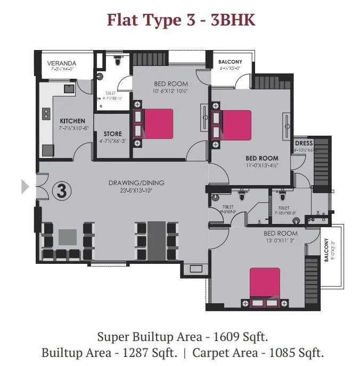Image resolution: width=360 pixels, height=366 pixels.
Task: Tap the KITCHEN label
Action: click(72, 121)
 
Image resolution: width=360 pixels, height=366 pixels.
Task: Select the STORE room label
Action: click(112, 134)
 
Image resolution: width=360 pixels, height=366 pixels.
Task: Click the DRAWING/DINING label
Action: click(136, 183)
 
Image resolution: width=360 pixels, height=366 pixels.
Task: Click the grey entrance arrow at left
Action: click(24, 186)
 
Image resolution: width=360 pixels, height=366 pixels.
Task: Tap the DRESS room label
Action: click(304, 144)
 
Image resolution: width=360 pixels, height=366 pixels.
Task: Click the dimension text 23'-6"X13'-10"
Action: click(136, 190)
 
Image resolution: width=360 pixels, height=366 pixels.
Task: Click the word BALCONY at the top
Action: click(230, 62)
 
